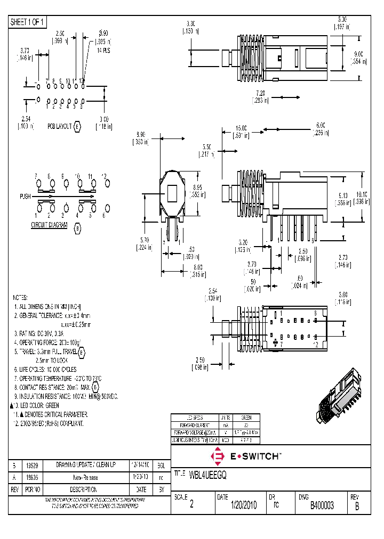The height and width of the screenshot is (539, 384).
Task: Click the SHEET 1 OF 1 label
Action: click(x=28, y=22)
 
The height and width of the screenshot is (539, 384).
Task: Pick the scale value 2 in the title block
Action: click(x=192, y=505)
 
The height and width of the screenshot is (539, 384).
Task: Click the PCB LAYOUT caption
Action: click(x=59, y=127)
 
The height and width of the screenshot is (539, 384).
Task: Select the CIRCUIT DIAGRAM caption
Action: click(x=49, y=225)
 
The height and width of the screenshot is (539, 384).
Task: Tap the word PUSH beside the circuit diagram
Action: click(x=25, y=197)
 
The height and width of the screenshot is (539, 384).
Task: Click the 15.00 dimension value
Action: click(x=242, y=128)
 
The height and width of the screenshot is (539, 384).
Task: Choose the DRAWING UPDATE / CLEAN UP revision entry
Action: click(x=86, y=464)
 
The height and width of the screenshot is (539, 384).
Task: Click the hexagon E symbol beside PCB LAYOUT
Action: click(x=77, y=127)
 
